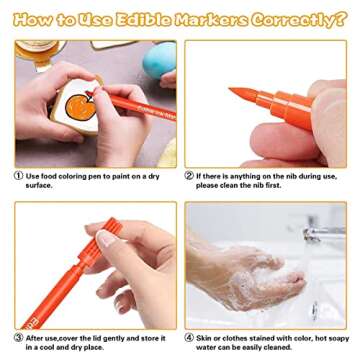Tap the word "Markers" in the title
point(212,19)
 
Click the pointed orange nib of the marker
point(240,95)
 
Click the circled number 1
point(19,175)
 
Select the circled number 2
point(189,175)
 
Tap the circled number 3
point(19,338)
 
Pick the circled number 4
point(189,338)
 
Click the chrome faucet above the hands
point(320,236)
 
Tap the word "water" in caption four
point(209,348)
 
